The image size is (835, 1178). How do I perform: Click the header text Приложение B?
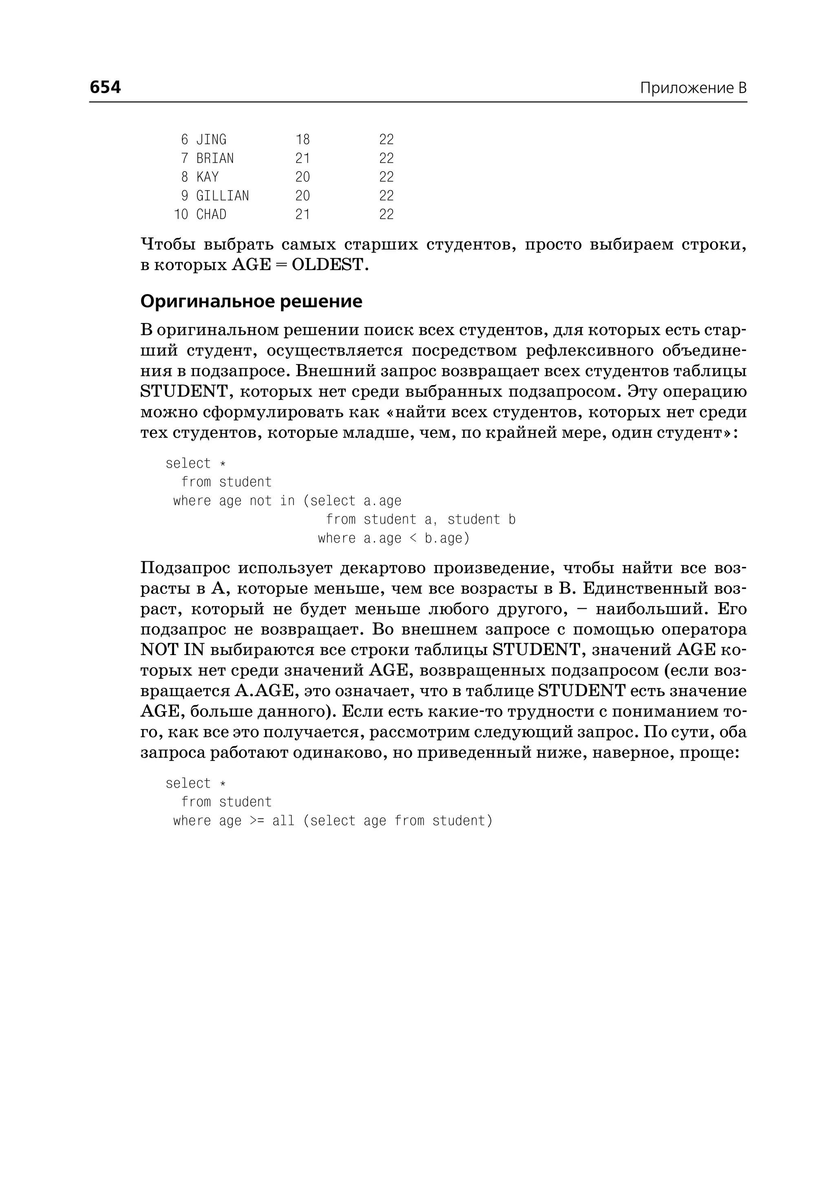693,88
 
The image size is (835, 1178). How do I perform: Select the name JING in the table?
211,140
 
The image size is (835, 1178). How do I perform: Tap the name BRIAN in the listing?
215,158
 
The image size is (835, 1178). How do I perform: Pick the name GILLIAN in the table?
222,196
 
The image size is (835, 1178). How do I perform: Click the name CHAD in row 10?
211,214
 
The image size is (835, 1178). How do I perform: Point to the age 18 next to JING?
303,140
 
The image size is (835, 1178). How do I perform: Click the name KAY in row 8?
207,177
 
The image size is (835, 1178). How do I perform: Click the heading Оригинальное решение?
251,301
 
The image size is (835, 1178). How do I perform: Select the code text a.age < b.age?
416,538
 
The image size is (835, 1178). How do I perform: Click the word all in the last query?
283,821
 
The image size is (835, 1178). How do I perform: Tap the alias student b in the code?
481,520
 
